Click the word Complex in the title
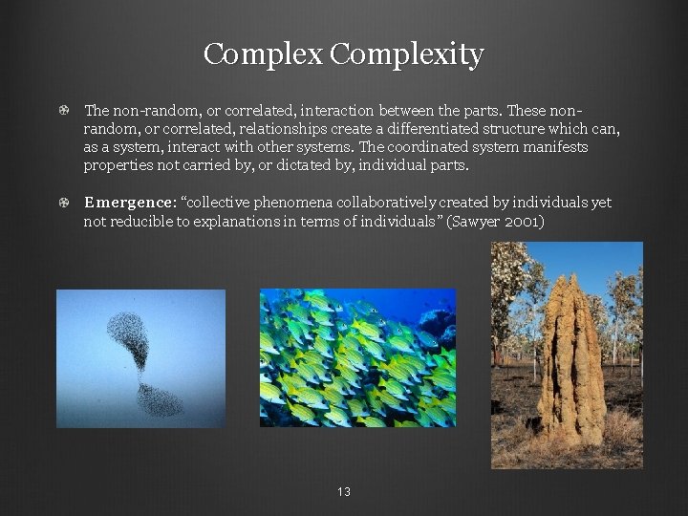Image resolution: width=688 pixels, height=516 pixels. (263, 54)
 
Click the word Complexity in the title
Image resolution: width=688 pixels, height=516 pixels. (407, 54)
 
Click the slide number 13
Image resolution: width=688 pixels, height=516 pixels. (344, 492)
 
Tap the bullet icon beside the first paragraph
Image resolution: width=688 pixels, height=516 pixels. (63, 111)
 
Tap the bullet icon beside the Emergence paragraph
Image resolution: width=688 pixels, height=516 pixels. (63, 203)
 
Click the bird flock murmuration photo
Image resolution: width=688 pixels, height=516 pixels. (140, 358)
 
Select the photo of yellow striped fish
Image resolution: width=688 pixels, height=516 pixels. (357, 357)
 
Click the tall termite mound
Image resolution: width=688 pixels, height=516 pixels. (571, 363)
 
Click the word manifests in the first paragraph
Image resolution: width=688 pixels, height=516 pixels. (555, 147)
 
